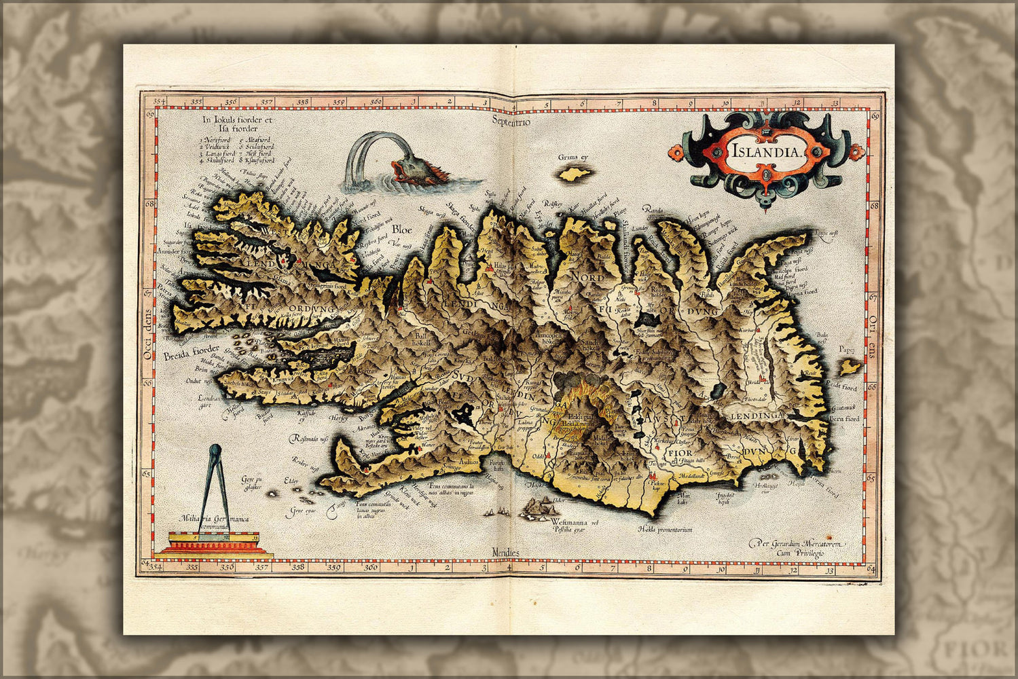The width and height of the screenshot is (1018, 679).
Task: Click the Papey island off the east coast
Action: tap(847, 367)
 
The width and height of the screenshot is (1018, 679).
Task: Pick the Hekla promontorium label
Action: tap(665, 528)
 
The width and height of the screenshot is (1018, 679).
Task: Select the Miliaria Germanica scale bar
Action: tap(215, 543)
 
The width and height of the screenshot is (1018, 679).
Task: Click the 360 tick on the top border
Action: tap(376, 103)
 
